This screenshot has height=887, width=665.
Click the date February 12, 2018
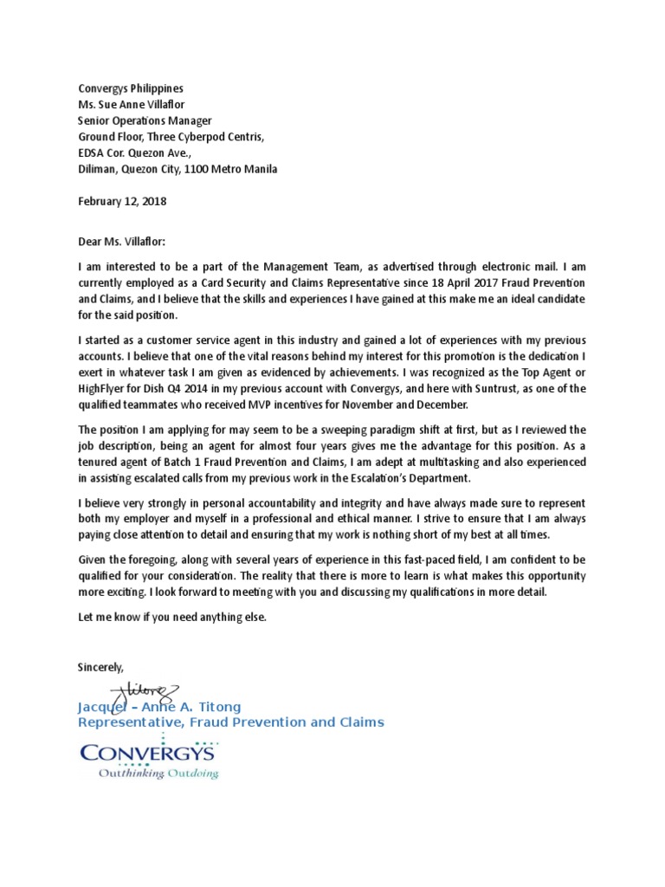pyautogui.click(x=122, y=201)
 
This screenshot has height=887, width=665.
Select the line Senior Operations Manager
pyautogui.click(x=145, y=120)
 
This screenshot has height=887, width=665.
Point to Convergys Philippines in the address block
pyautogui.click(x=131, y=88)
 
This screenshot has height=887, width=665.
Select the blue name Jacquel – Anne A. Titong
pyautogui.click(x=159, y=707)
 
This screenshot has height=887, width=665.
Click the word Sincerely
pyautogui.click(x=100, y=667)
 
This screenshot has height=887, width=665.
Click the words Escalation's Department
pyautogui.click(x=410, y=477)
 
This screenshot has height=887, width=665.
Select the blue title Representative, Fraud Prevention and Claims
pyautogui.click(x=231, y=722)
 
